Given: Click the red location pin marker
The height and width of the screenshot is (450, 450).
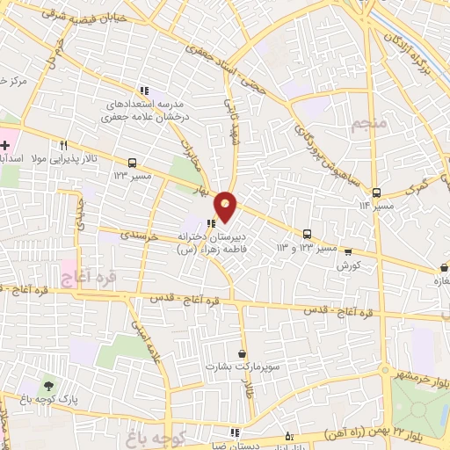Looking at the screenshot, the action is coord(226,206).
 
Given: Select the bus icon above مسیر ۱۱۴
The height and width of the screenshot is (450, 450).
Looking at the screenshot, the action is coord(376,192).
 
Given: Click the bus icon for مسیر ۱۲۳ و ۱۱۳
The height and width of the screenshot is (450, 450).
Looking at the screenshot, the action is coord(307,234).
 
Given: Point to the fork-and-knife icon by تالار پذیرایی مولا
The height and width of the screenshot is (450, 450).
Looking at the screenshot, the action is coord(64,146).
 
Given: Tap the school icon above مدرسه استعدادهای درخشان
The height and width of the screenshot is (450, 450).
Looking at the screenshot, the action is coord(144,91).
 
